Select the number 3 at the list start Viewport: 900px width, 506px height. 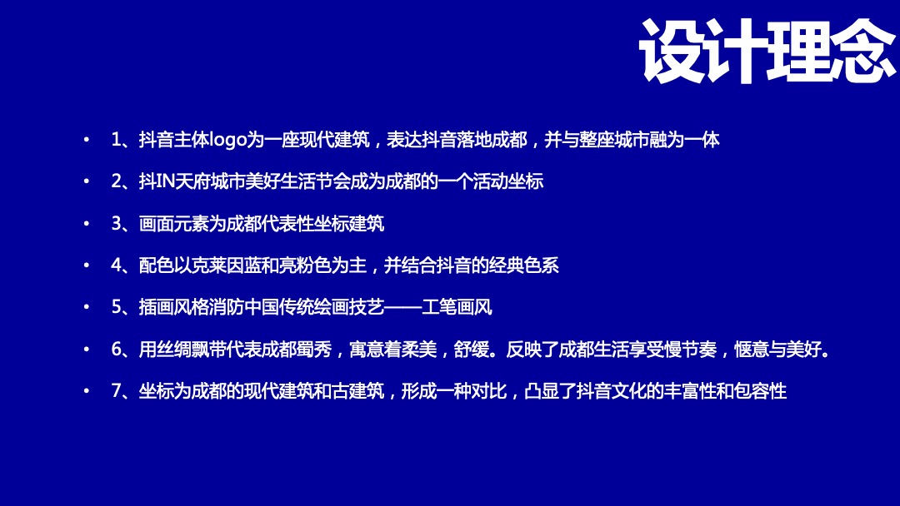[116, 224]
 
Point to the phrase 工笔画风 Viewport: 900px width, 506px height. [457, 307]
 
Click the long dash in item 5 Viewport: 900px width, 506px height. [402, 307]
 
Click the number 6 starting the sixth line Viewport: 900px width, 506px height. [116, 350]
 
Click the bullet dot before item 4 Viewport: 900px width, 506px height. [86, 266]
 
